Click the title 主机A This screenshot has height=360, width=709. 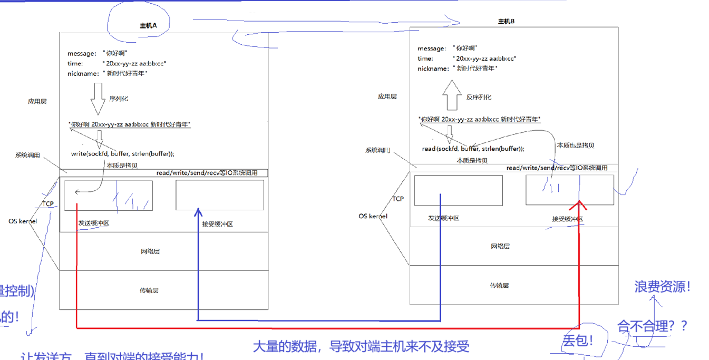coord(148,25)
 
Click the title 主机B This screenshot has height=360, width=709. coord(506,22)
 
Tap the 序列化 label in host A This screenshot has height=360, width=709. coord(119,99)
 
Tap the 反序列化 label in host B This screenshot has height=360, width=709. coord(479,97)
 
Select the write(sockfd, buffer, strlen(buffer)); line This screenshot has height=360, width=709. coord(123,154)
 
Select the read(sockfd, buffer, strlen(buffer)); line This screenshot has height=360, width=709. coord(473,149)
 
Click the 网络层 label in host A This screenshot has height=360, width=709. coord(150,251)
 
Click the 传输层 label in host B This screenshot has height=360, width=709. coord(499,285)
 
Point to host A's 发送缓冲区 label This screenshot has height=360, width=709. coord(94,223)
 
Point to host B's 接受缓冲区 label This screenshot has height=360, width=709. coord(567,219)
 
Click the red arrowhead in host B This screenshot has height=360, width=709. coord(579,205)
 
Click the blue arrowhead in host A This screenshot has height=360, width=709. coord(198,212)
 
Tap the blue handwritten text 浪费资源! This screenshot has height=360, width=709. coord(663,287)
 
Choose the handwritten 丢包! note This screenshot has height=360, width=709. coord(578,340)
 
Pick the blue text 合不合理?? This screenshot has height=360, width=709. coord(653,326)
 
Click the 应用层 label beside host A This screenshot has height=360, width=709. coord(37,101)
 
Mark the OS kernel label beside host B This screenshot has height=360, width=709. coord(373,216)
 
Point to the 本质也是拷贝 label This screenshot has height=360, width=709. coord(575,145)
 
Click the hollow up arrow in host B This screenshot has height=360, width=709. coord(452,94)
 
